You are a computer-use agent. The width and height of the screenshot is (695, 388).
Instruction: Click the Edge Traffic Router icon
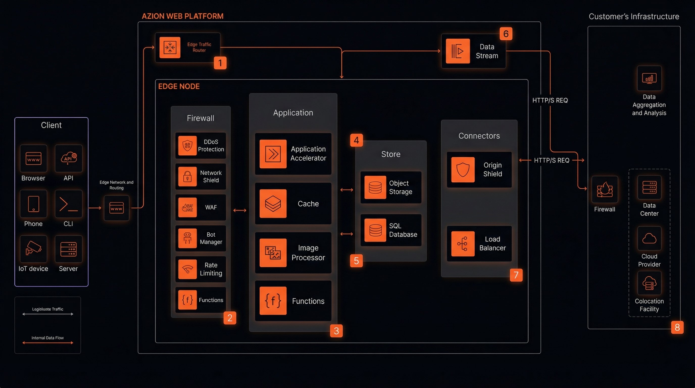coord(170,47)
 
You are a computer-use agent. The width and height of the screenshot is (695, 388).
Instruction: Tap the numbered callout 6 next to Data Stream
coord(506,34)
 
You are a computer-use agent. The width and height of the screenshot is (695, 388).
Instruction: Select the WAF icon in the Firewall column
coord(187,207)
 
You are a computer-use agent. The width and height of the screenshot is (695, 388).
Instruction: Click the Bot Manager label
coord(211,238)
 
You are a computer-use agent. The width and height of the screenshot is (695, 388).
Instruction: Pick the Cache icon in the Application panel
coord(273,203)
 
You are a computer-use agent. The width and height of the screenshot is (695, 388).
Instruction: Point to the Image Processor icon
coord(273,253)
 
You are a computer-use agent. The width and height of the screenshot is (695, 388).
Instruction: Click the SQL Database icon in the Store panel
coord(375,230)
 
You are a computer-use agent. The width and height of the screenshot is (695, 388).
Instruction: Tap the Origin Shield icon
coord(463,169)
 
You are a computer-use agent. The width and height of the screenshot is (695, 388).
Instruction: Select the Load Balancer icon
coord(463,244)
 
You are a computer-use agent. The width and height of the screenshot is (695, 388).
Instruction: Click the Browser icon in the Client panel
coord(33,158)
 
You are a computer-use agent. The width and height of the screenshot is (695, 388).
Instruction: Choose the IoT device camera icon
coord(33,249)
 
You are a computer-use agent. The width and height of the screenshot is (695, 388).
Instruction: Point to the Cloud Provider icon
coord(649,238)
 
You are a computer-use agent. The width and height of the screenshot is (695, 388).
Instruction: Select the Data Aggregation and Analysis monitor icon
coord(649,78)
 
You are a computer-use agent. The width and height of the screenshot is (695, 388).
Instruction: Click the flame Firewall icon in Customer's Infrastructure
coord(605,189)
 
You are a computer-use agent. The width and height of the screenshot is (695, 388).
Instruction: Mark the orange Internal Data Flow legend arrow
coord(48,343)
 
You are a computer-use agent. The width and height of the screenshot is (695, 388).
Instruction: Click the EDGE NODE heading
coord(179,86)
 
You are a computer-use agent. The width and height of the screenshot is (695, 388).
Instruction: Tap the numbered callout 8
coord(677,327)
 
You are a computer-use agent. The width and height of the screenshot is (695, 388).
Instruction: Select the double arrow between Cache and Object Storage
coord(346,190)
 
